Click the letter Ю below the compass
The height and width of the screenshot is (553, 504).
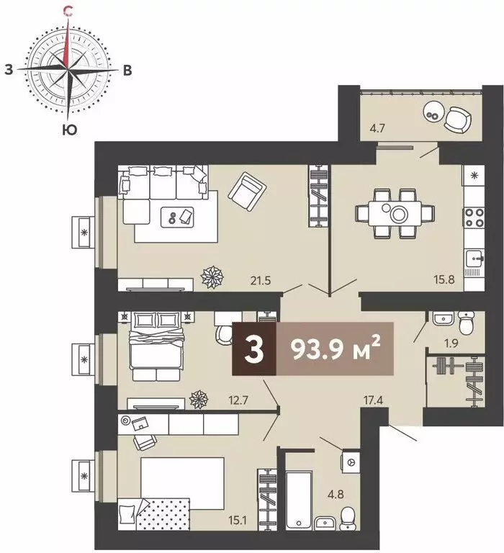coord(69,130)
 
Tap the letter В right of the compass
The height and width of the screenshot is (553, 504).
coord(127,70)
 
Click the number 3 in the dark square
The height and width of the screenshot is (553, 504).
coord(253,349)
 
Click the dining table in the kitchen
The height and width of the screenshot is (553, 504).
coord(396,214)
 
